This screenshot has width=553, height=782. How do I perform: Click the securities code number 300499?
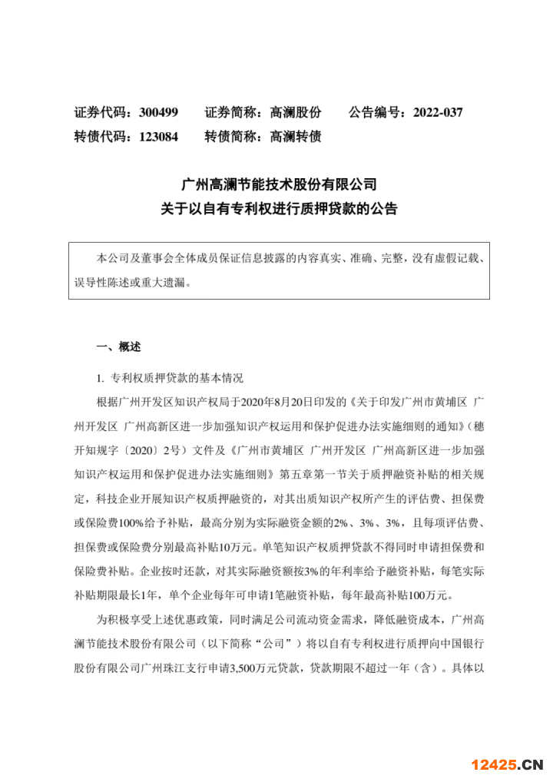point(159,112)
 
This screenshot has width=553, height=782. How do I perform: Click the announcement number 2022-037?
point(438,112)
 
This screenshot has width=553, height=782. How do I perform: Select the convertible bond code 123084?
point(159,137)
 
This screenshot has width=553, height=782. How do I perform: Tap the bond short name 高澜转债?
point(296,137)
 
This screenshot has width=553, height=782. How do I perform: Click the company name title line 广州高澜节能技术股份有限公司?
point(279,184)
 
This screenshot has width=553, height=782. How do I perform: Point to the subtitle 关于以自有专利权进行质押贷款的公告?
point(279,208)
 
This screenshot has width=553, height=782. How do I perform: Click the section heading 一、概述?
point(118,346)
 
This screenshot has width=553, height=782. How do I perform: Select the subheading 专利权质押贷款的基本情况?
point(177,378)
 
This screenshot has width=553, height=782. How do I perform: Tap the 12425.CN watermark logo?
point(508,764)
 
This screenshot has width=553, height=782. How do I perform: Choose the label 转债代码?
point(99,137)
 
